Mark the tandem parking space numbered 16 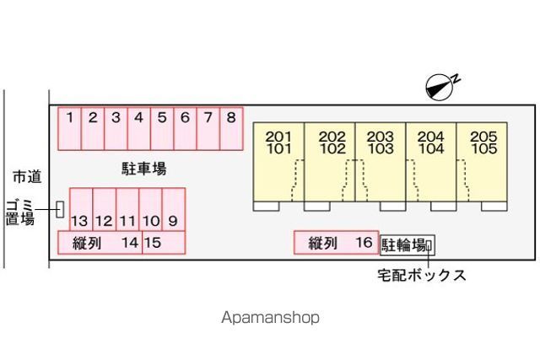(x=336, y=243)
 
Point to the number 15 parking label (x=153, y=244)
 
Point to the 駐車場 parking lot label (x=143, y=169)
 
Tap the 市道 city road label (x=26, y=176)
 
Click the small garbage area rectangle (x=60, y=208)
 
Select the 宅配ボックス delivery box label (x=421, y=275)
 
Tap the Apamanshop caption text (x=270, y=318)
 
